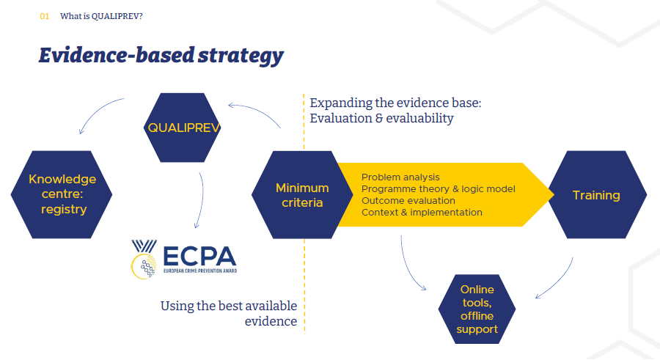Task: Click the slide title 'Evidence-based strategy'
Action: click(161, 56)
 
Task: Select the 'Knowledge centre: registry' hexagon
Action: click(62, 194)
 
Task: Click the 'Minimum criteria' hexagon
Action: click(302, 195)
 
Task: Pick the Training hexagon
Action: click(596, 195)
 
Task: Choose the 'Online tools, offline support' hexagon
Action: click(477, 309)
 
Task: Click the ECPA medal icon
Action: click(144, 260)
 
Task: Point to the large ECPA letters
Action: click(198, 256)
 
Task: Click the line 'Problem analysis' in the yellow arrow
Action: click(400, 177)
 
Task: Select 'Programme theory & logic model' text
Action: click(438, 189)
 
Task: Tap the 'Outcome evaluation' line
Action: click(408, 201)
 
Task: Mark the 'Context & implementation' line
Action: click(422, 213)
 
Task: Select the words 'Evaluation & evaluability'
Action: click(381, 118)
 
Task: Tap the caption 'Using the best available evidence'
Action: click(229, 314)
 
